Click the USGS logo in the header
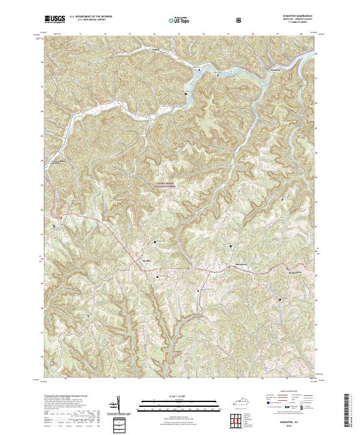click(x=55, y=19)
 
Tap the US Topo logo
click(x=180, y=20)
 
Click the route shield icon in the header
click(x=240, y=20)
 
